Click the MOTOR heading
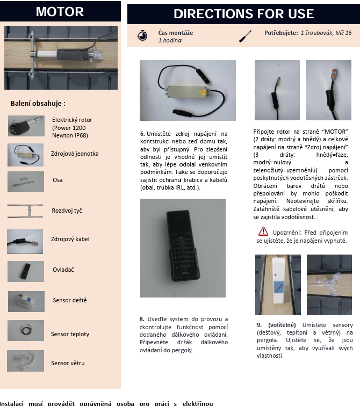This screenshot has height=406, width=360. click(x=60, y=12)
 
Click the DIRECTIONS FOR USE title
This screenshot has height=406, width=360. click(x=243, y=14)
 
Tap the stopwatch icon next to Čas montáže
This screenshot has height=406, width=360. click(x=142, y=37)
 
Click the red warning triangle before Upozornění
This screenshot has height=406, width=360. click(x=263, y=231)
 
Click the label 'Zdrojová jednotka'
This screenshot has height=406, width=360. click(x=75, y=154)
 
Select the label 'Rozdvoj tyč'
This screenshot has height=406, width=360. click(x=67, y=211)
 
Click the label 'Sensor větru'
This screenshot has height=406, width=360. click(x=68, y=363)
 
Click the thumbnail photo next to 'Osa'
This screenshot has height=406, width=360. click(x=25, y=181)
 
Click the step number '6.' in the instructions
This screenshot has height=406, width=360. click(x=142, y=133)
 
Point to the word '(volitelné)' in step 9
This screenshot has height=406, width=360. click(x=282, y=325)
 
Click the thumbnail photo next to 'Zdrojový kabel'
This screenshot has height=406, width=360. click(x=25, y=241)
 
